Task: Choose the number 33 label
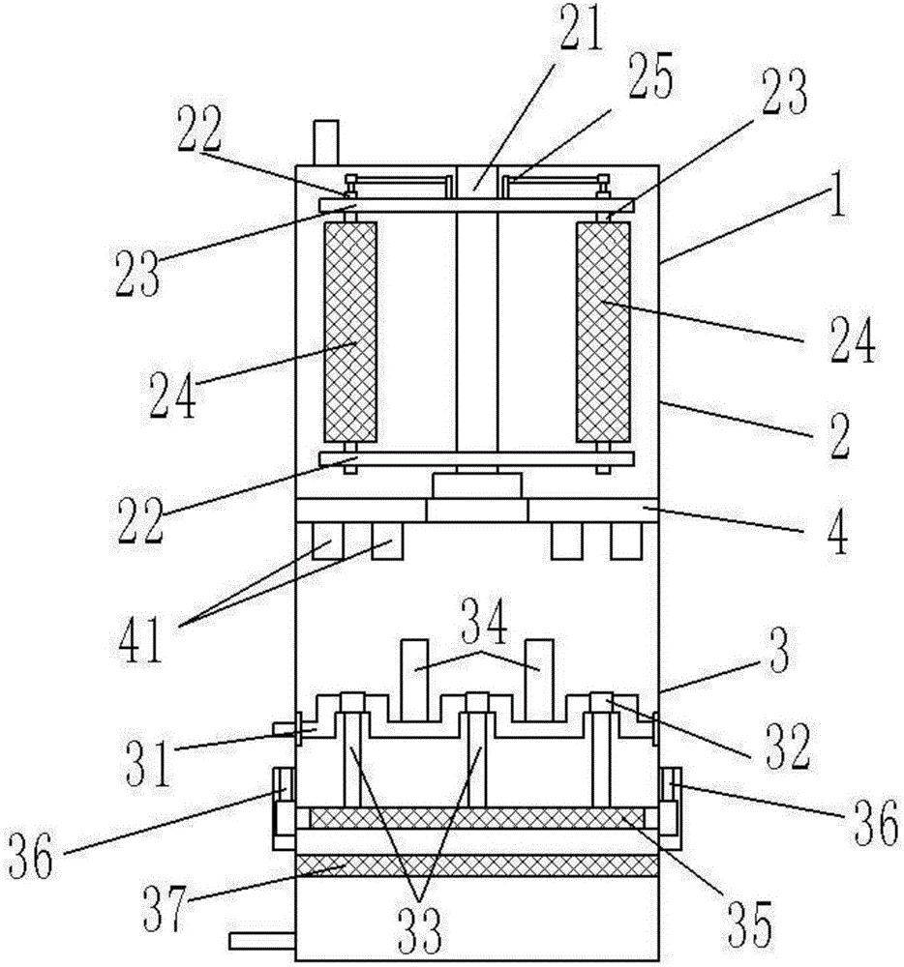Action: tap(420, 930)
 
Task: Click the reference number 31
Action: tap(149, 764)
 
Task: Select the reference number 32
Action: tap(788, 747)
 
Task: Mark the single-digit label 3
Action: tap(779, 653)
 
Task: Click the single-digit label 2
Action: tap(838, 437)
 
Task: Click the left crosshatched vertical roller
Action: tap(349, 333)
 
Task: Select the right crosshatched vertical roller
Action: tap(604, 333)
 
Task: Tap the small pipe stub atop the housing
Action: tap(326, 142)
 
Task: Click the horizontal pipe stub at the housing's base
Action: tap(262, 941)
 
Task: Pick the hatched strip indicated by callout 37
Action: tap(477, 865)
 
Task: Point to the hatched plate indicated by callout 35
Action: tap(476, 818)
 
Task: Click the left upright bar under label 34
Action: tap(414, 680)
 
